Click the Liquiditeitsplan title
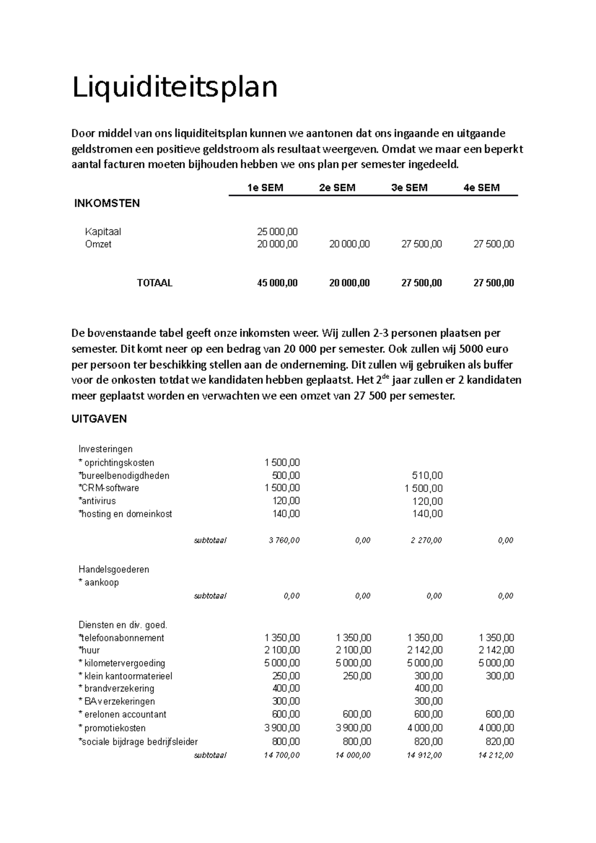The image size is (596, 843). point(175,87)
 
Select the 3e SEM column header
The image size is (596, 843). point(409,188)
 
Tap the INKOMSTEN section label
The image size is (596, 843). point(107,203)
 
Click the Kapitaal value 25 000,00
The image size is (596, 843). point(277,231)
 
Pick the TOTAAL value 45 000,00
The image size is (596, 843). point(277,283)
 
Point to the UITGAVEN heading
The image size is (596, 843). point(99,419)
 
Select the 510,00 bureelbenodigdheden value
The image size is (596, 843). point(427,476)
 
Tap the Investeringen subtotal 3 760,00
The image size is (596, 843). point(284,540)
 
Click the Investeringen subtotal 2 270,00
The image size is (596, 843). point(426,540)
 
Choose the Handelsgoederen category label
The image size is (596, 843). point(114,569)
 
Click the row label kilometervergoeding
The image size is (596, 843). point(122,663)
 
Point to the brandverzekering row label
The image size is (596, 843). point(116,689)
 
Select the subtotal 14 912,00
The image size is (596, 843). point(424,755)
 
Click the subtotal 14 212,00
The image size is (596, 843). point(496,755)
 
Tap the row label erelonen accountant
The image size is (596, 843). point(122,714)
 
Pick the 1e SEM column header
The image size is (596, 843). point(266,188)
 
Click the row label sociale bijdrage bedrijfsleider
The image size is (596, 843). point(138,742)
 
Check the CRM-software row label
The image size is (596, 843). point(109,488)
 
